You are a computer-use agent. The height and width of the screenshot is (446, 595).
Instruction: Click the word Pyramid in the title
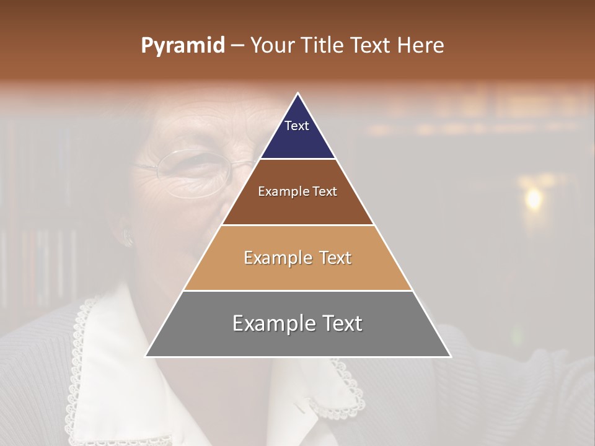[182, 46]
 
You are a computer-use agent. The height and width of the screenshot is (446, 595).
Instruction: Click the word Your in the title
[273, 45]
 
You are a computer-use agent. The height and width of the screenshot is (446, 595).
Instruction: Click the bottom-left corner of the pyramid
[146, 356]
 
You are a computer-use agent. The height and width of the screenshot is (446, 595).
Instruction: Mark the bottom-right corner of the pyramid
[450, 356]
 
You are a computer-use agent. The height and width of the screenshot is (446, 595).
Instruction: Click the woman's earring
[129, 238]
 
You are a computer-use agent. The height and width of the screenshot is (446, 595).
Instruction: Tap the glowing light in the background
[532, 198]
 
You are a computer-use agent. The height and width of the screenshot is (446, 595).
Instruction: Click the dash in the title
[237, 46]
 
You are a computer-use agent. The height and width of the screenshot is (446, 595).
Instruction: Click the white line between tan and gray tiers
[297, 291]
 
